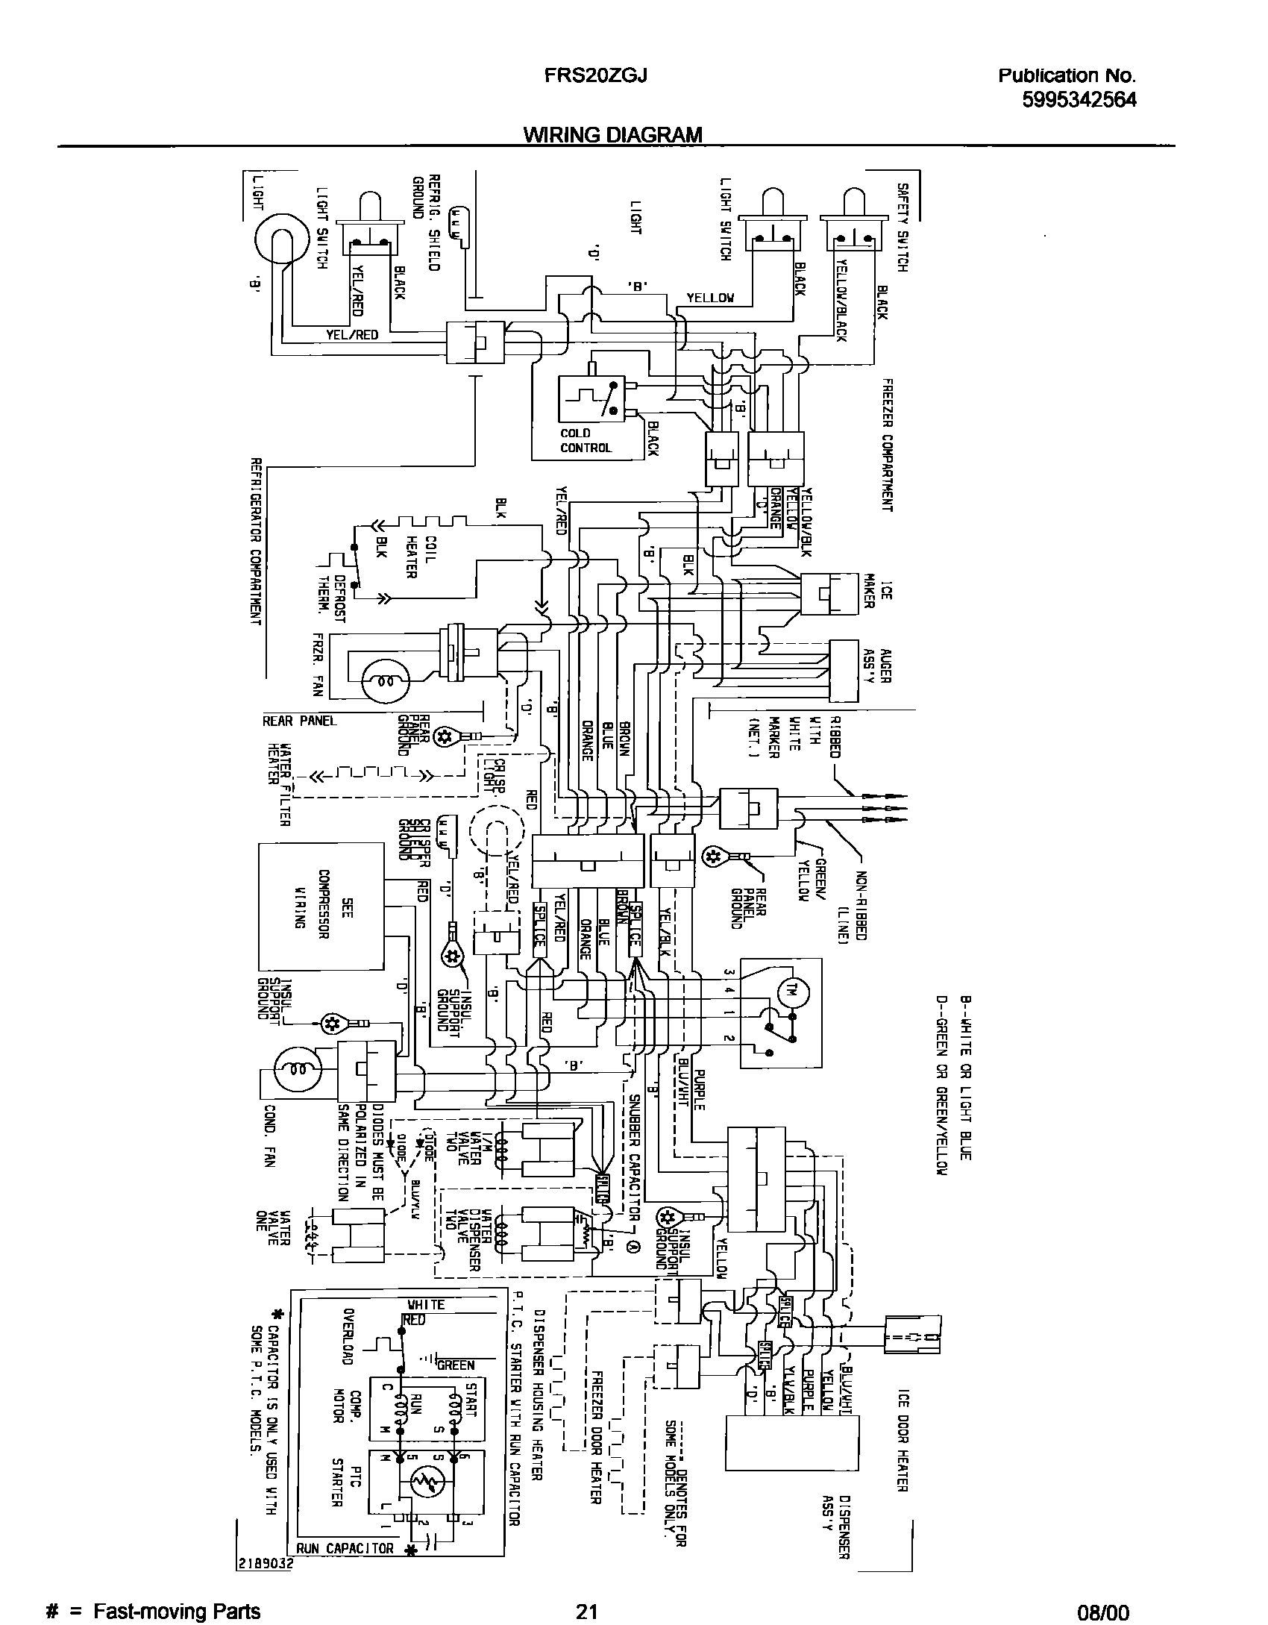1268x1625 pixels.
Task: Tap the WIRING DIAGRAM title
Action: pyautogui.click(x=612, y=134)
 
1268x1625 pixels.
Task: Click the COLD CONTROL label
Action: pyautogui.click(x=586, y=440)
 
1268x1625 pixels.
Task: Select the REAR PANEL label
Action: pyautogui.click(x=299, y=721)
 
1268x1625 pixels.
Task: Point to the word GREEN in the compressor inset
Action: pyautogui.click(x=456, y=1365)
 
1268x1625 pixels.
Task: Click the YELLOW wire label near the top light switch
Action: pyautogui.click(x=710, y=298)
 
